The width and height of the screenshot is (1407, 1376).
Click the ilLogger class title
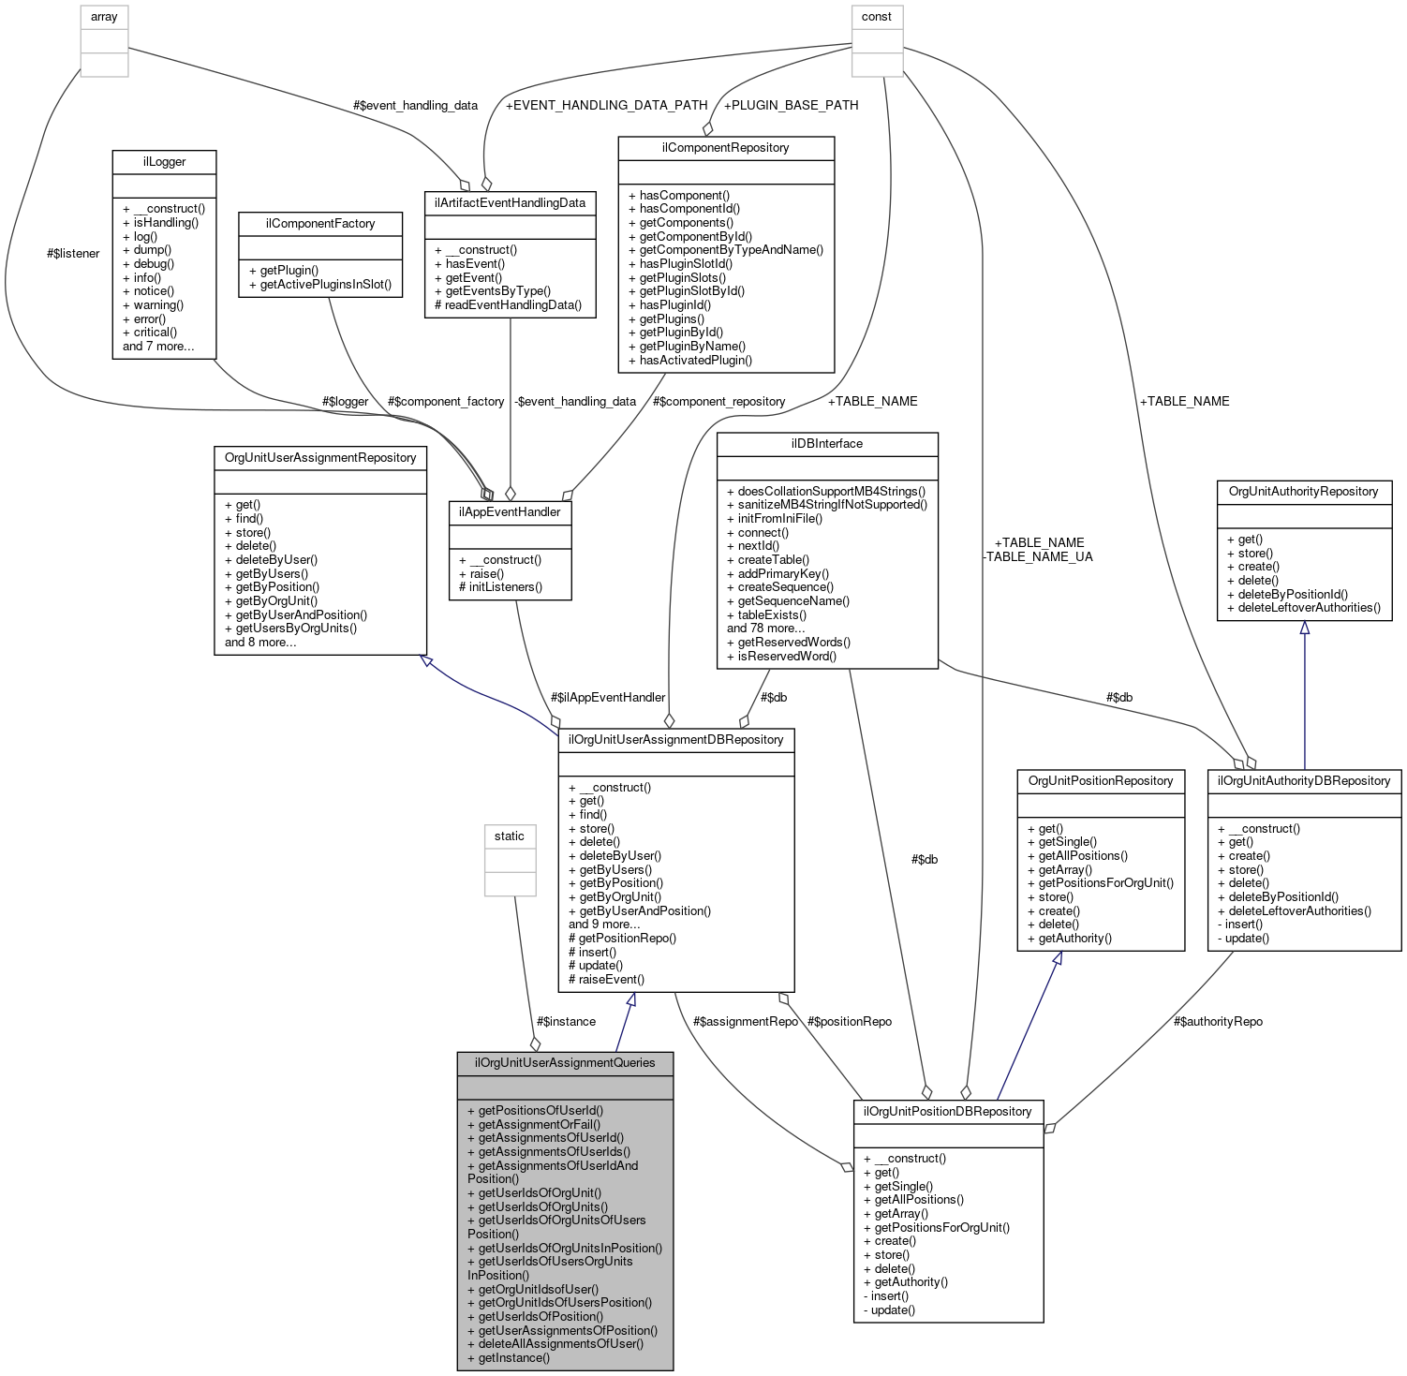pyautogui.click(x=164, y=162)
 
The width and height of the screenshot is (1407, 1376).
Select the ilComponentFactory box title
pyautogui.click(x=320, y=224)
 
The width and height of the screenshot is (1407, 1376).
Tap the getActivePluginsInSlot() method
pyautogui.click(x=320, y=284)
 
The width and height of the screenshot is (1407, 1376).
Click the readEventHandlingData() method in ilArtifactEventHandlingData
pyautogui.click(x=508, y=304)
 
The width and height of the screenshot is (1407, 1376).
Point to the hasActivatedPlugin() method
pyautogui.click(x=689, y=360)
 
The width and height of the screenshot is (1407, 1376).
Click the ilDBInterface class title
pyautogui.click(x=826, y=444)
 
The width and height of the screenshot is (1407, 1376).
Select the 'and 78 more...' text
pyautogui.click(x=765, y=629)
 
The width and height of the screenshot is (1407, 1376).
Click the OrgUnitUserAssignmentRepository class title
pyautogui.click(x=320, y=458)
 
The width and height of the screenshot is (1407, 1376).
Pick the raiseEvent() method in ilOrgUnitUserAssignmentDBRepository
pyautogui.click(x=606, y=979)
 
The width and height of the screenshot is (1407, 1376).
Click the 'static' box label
pyautogui.click(x=510, y=836)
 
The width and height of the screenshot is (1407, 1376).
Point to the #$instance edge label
pyautogui.click(x=566, y=1021)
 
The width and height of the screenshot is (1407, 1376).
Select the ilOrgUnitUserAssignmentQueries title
pyautogui.click(x=565, y=1063)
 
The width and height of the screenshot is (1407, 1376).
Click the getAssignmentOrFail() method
pyautogui.click(x=534, y=1124)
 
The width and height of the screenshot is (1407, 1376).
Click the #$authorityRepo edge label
pyautogui.click(x=1218, y=1021)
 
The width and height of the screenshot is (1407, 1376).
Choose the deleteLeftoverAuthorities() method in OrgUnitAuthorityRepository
pyautogui.click(x=1304, y=607)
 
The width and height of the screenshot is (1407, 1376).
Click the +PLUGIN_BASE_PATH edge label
pyautogui.click(x=791, y=105)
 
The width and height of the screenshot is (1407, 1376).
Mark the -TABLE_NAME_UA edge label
pyautogui.click(x=1038, y=556)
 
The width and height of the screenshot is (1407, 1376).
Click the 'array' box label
pyautogui.click(x=104, y=17)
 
